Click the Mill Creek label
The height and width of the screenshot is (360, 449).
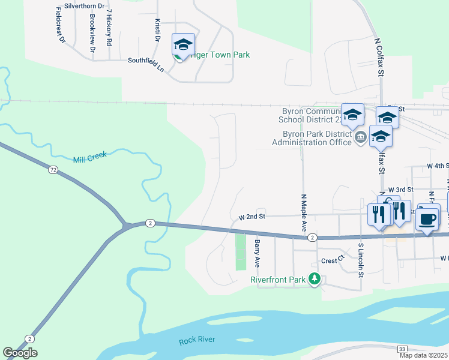[x=89, y=158]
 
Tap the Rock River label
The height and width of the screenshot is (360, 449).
[x=197, y=341]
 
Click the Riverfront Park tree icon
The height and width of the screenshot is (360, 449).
[x=313, y=278]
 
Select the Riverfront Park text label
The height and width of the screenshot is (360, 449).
[x=279, y=279]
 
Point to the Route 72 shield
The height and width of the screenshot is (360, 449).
[x=53, y=170]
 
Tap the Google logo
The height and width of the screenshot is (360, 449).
[x=20, y=353]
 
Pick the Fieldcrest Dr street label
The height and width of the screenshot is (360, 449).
[x=59, y=25]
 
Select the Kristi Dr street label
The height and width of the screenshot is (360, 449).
[x=157, y=29]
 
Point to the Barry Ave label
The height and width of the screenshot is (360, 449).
[x=256, y=253]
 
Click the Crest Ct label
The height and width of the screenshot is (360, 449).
[x=331, y=260]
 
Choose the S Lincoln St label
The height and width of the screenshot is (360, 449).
[x=361, y=260]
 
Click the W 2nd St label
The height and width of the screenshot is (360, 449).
[x=252, y=216]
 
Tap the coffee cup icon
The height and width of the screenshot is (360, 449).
[x=427, y=219]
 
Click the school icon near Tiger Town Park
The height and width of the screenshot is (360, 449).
[x=183, y=44]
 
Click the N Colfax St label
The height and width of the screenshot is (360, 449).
[x=379, y=58]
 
